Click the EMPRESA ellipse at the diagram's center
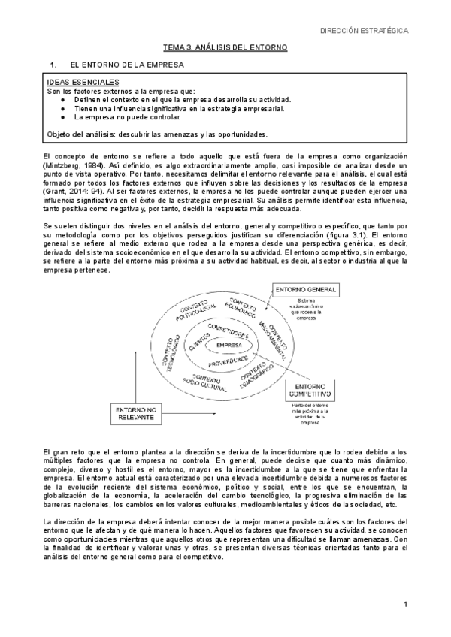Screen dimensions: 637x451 coord(229,345)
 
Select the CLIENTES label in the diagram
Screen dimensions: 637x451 coord(198,343)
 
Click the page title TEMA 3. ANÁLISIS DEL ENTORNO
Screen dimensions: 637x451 coord(226,47)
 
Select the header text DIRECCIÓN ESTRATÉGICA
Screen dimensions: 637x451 coord(365,31)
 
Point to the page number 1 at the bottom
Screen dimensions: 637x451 coord(404,604)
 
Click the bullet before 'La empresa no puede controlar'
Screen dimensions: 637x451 coord(64,117)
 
